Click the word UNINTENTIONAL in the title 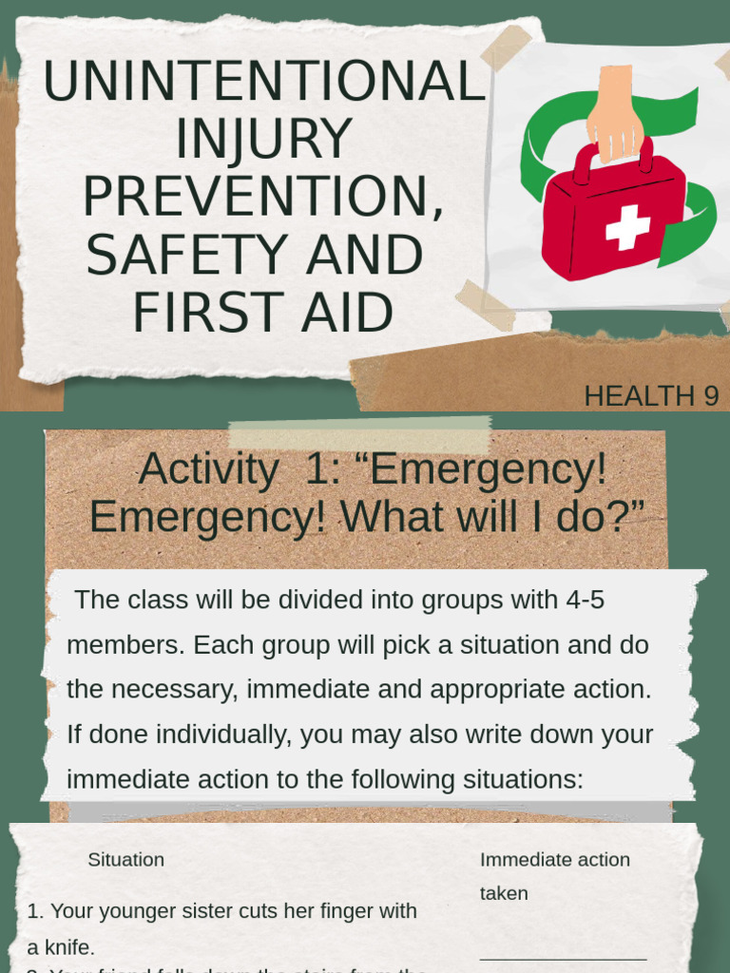click(x=263, y=83)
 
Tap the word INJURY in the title click(x=263, y=140)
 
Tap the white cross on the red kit click(x=627, y=228)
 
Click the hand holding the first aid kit click(x=614, y=112)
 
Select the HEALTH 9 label click(x=651, y=396)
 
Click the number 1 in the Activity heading click(x=317, y=469)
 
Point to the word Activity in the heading click(x=207, y=469)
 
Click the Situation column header click(x=125, y=860)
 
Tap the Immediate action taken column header click(x=554, y=875)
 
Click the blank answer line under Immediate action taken click(x=563, y=959)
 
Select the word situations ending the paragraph click(x=521, y=780)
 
